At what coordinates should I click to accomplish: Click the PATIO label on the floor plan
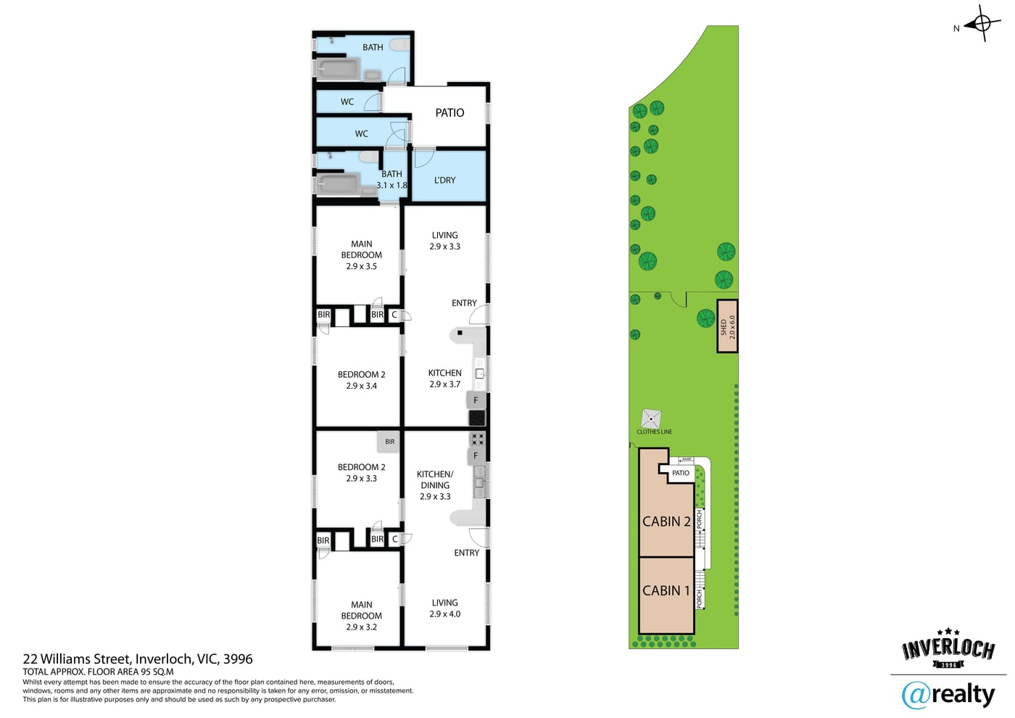[x=449, y=112]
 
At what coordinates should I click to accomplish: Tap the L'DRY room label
[x=444, y=180]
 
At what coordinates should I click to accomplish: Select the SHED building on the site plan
[x=726, y=326]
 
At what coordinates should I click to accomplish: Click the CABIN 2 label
[x=666, y=521]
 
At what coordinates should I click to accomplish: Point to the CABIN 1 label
[x=666, y=590]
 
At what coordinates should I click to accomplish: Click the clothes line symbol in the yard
[x=651, y=418]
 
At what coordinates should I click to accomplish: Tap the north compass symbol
[x=982, y=23]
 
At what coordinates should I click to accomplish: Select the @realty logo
[x=948, y=695]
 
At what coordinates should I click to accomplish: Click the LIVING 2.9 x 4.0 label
[x=444, y=608]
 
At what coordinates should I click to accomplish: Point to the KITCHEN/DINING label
[x=435, y=479]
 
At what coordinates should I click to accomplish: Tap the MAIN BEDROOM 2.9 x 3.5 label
[x=361, y=255]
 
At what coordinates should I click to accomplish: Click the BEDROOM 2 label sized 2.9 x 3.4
[x=361, y=380]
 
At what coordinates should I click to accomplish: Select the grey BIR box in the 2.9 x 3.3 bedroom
[x=389, y=442]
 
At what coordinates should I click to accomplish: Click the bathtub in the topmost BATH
[x=338, y=70]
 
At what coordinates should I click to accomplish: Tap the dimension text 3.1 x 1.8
[x=391, y=185]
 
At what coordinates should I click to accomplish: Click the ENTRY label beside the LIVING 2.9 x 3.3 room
[x=464, y=303]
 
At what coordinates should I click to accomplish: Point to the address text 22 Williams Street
[x=78, y=659]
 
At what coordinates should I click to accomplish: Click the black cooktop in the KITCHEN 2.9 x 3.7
[x=477, y=418]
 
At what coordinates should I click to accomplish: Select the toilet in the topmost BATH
[x=400, y=44]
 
